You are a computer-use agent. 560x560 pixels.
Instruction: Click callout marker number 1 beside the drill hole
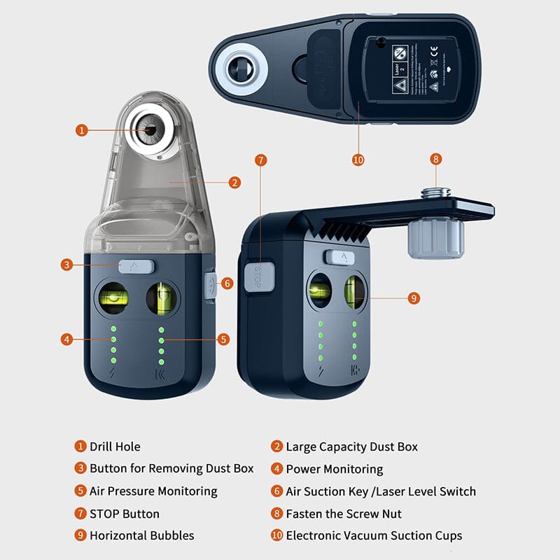82,129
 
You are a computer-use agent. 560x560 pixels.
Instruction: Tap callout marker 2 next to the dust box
234,183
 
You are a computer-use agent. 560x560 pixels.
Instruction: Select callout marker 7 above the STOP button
261,160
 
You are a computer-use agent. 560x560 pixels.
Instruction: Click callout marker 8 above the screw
436,160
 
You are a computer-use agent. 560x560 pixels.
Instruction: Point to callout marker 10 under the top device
358,160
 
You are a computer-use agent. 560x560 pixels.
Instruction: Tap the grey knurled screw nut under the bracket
435,237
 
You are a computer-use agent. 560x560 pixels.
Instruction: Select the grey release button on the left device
136,266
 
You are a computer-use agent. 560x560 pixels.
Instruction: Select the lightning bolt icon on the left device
112,374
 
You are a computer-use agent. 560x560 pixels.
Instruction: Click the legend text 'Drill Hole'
115,447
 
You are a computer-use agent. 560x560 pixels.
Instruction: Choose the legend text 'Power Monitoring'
334,469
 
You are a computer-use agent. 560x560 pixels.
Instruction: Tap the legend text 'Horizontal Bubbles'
141,535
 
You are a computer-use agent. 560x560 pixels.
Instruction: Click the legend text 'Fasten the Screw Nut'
343,514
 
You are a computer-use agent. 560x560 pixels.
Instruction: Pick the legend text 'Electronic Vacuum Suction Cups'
374,535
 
